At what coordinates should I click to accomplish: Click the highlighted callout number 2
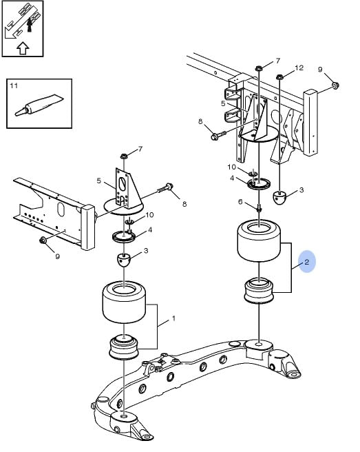(306, 262)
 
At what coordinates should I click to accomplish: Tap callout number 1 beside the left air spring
(173, 318)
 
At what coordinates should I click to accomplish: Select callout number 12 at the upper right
(299, 68)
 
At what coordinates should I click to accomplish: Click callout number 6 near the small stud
(240, 202)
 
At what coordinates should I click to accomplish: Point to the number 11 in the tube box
(14, 85)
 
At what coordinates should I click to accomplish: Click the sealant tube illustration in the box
(39, 105)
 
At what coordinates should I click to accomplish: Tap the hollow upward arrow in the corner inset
(23, 48)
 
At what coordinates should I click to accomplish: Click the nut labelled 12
(279, 77)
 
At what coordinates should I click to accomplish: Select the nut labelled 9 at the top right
(335, 85)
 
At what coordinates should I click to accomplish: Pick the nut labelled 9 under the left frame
(43, 240)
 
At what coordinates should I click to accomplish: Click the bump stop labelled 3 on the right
(279, 198)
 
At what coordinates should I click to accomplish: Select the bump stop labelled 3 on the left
(124, 260)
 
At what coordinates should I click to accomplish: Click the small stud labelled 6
(259, 208)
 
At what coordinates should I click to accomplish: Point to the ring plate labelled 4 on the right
(260, 183)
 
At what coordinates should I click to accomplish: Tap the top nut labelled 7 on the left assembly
(124, 156)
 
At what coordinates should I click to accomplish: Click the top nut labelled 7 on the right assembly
(259, 68)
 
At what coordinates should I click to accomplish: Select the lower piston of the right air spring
(259, 291)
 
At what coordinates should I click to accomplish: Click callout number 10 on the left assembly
(149, 215)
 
